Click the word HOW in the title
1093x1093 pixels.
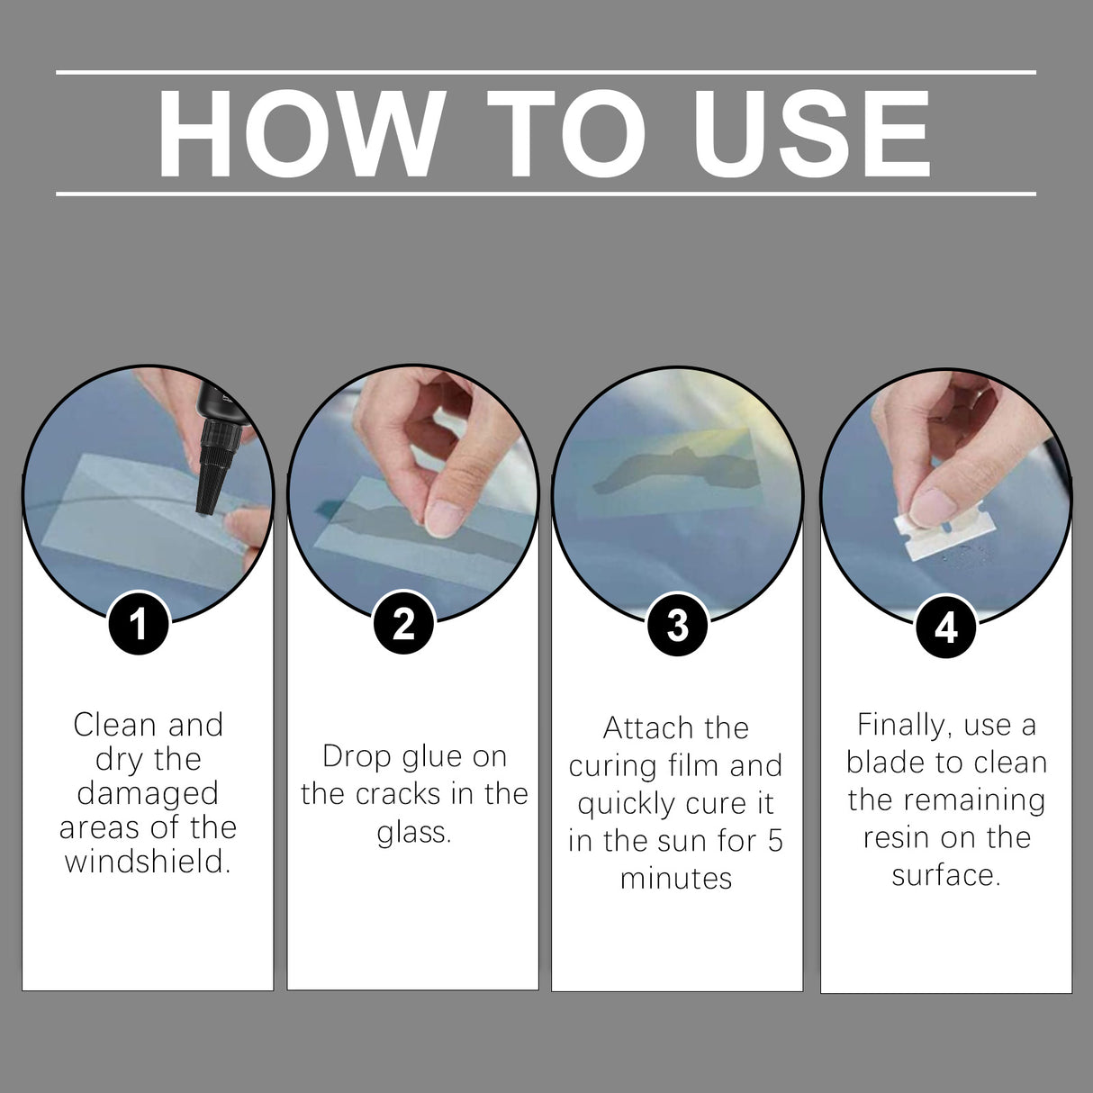297,133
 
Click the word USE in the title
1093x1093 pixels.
815,133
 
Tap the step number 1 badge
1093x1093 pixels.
139,623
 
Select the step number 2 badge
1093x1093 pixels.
404,623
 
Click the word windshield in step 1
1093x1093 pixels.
148,862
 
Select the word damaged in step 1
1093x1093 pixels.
148,793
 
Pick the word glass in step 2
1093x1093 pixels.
413,833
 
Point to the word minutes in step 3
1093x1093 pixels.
676,878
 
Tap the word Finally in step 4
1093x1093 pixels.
902,725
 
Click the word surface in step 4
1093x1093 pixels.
945,875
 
